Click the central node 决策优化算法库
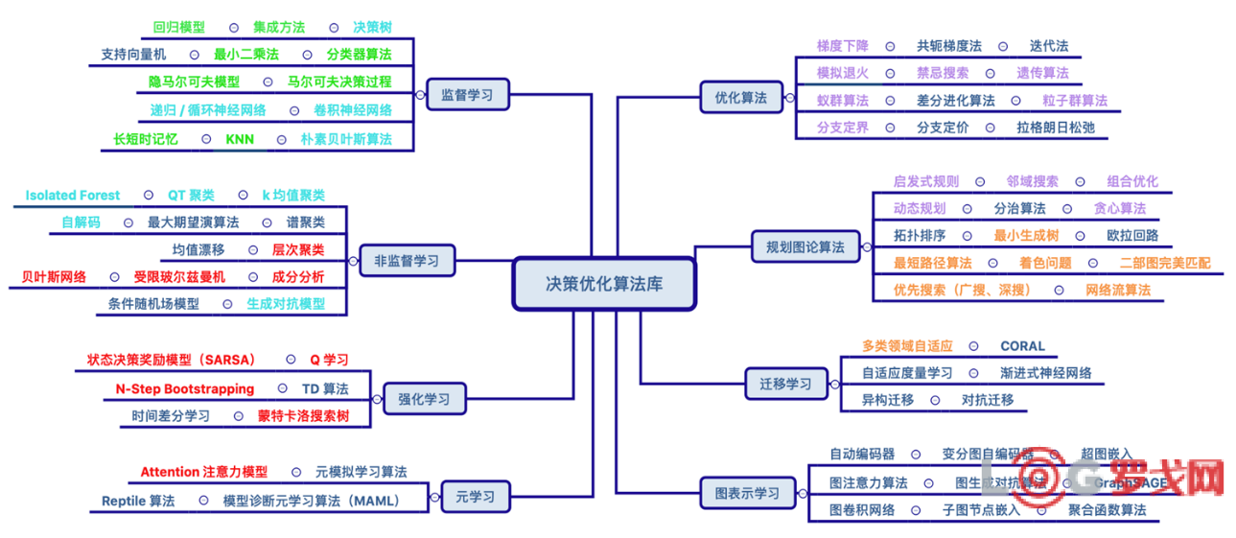pos(603,284)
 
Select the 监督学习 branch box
pos(467,95)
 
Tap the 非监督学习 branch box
pos(408,260)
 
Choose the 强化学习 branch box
pos(423,398)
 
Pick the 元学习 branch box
pos(476,497)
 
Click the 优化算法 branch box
pos(740,97)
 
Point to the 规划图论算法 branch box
pos(805,246)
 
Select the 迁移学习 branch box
pos(785,384)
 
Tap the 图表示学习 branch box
pos(747,494)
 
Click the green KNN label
pos(240,139)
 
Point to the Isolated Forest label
pos(73,195)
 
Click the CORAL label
pos(1022,346)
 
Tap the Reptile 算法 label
pos(138,501)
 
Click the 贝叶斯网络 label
pos(54,277)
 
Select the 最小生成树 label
pos(1026,235)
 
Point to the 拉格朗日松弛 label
pos(1055,127)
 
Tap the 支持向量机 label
pos(133,55)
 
